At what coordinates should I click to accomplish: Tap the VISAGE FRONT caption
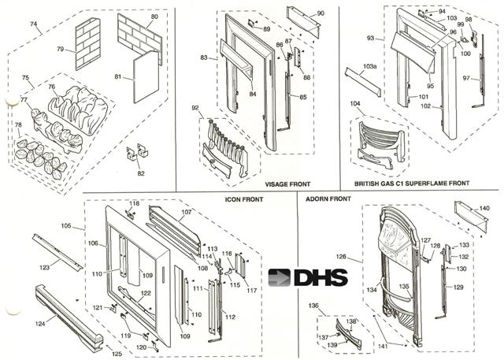pos(289,184)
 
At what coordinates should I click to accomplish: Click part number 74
pos(34,24)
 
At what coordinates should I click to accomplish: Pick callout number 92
pos(195,107)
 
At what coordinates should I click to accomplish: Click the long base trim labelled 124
pos(71,315)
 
